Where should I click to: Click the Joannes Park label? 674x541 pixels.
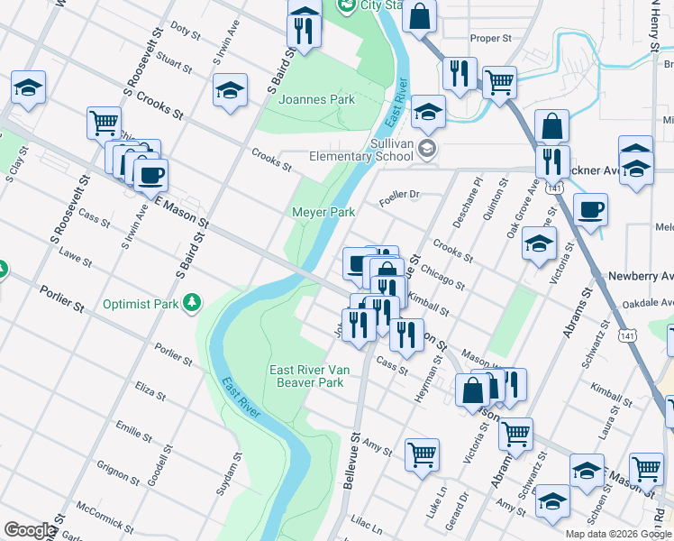(316, 99)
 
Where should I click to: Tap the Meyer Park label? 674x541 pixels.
(323, 212)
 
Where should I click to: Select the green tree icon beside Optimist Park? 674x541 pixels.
(190, 303)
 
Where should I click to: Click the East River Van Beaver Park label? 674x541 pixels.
(306, 376)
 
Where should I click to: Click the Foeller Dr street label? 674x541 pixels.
(400, 194)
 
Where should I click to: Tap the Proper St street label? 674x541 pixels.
(491, 39)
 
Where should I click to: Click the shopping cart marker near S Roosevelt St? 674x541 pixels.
(104, 121)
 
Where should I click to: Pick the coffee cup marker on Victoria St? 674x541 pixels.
(590, 211)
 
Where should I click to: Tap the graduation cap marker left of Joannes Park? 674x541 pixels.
(231, 90)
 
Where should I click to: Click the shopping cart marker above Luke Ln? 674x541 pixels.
(422, 454)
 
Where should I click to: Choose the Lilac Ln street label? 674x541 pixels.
(367, 522)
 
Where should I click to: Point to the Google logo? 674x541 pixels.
(30, 530)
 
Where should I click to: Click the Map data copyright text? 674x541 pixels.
(618, 534)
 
